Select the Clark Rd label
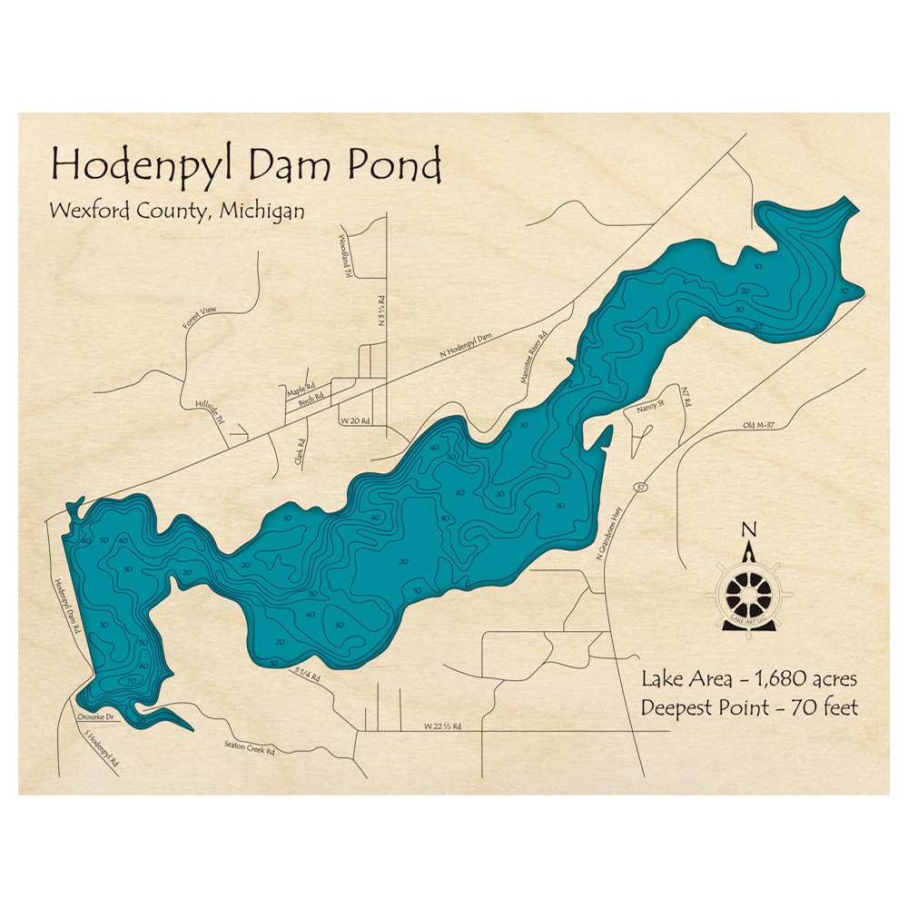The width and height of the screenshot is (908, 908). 300,452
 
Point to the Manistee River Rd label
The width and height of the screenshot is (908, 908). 532,360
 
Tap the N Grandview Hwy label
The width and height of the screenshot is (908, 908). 617,531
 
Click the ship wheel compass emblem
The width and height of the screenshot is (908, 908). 749,595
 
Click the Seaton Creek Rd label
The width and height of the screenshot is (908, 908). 249,749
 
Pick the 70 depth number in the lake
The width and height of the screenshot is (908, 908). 132,679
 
